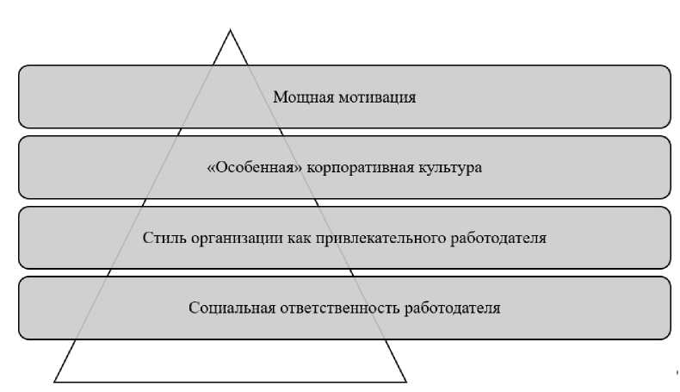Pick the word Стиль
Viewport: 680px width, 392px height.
coord(161,238)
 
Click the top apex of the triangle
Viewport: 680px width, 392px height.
coord(230,31)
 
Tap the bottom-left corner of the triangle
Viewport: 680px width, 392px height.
coord(55,380)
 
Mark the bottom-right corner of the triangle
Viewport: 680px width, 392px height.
coord(405,380)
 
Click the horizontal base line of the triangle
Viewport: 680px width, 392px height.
coord(230,380)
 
